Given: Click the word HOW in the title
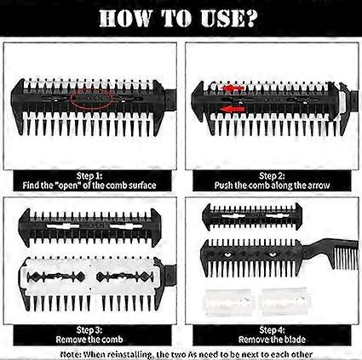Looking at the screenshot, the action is [x=125, y=19].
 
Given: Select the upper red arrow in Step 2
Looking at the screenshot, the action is [x=233, y=88].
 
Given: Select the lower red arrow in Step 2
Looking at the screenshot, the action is [x=233, y=109].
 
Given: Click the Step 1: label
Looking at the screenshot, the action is [x=89, y=176].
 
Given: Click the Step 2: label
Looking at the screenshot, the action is [x=272, y=176].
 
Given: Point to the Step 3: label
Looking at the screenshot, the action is [x=89, y=330].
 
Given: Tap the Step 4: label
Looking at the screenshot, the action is [x=272, y=330].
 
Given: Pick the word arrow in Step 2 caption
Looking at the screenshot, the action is [x=319, y=186].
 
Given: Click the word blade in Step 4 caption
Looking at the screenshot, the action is [x=295, y=340].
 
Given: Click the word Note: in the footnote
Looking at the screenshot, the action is [x=71, y=355].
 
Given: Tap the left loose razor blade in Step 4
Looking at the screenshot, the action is [x=228, y=302].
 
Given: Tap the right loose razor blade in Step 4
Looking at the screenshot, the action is [x=284, y=301].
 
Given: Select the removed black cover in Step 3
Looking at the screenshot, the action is [x=90, y=227].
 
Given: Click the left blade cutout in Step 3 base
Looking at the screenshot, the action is [x=56, y=277].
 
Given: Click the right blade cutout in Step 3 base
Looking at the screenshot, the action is [x=125, y=277].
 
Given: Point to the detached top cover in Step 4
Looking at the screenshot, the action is [x=252, y=216].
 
